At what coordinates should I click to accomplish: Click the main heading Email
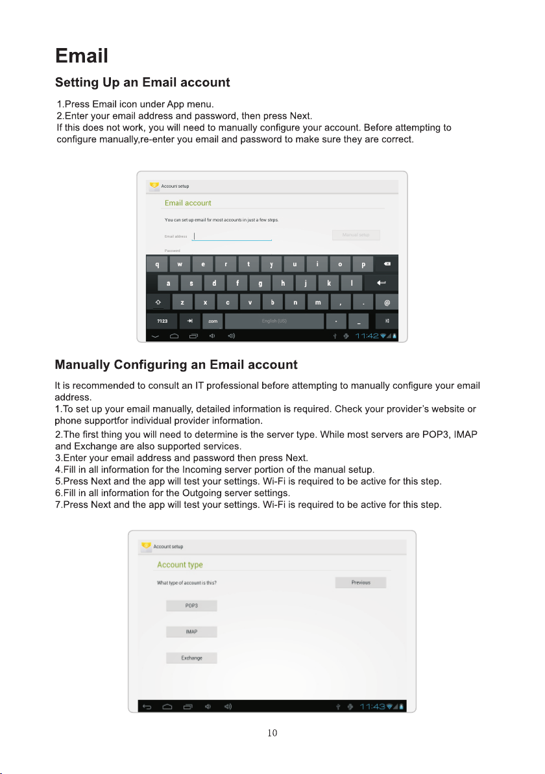click(82, 55)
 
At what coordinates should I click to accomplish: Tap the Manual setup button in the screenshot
click(356, 235)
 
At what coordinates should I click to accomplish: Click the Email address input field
click(232, 236)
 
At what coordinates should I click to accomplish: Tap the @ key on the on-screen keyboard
click(387, 303)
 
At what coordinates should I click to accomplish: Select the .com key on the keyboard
click(212, 321)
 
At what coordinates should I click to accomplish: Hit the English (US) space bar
click(274, 321)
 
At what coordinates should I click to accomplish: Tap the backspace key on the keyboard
click(387, 264)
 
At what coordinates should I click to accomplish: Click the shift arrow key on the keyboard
click(158, 303)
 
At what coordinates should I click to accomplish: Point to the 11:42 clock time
click(368, 336)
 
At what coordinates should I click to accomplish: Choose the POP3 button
click(191, 606)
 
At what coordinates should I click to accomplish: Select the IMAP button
click(191, 632)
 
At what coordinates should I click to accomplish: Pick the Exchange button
click(191, 658)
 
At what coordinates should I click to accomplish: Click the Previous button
click(361, 582)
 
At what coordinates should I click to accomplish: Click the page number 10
click(272, 734)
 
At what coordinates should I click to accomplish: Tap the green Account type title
click(180, 565)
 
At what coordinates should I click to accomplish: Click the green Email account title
click(188, 203)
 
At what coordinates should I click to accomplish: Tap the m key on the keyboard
click(318, 303)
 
